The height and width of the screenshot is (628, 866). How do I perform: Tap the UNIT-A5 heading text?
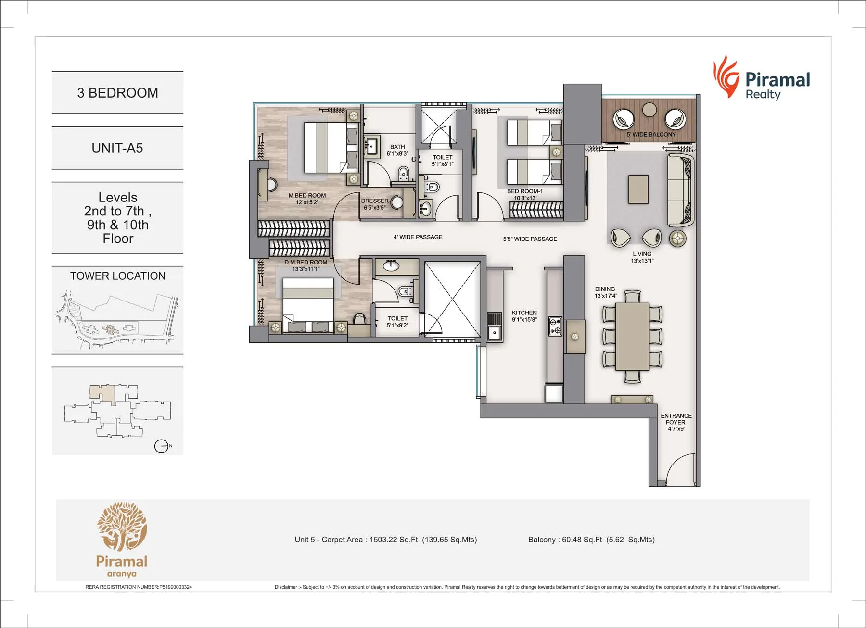117,148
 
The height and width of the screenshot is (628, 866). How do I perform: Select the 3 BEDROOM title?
117,93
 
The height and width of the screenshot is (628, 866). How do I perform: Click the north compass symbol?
161,446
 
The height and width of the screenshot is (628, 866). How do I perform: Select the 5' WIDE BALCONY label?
651,134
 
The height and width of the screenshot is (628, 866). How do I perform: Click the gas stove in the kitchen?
555,326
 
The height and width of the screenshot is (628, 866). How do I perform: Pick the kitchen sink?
494,332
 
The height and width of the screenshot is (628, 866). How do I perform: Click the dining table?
632,337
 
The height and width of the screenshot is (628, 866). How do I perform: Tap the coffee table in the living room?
638,189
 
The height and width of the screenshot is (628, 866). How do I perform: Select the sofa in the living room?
680,190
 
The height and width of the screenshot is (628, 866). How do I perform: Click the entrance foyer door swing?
678,469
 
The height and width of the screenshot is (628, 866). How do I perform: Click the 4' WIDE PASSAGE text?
418,237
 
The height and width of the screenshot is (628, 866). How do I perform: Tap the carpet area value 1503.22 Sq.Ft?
394,540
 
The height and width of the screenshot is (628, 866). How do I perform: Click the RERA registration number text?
139,587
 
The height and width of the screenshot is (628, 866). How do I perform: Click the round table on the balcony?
649,110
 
